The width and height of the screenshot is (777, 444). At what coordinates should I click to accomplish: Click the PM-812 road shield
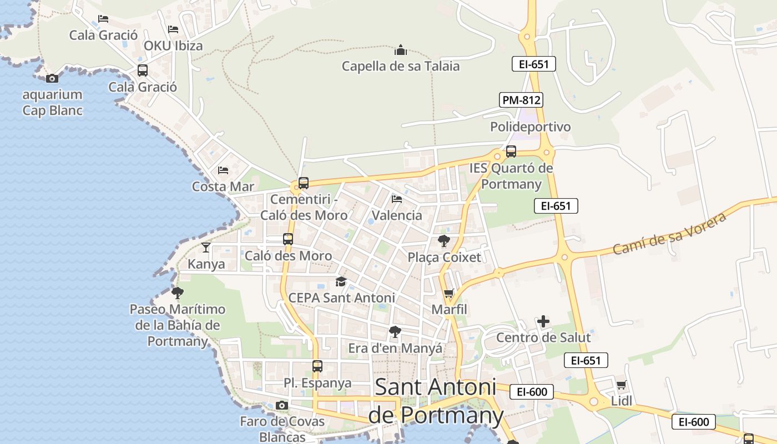(521, 100)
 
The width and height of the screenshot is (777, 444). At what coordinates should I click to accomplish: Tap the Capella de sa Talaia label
(401, 66)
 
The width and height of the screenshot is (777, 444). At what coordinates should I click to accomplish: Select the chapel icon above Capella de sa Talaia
(401, 51)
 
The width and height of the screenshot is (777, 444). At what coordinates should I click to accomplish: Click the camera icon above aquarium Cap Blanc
(52, 78)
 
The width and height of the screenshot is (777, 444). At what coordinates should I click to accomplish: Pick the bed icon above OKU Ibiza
(173, 29)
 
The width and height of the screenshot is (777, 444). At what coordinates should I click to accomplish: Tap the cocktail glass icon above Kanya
(206, 247)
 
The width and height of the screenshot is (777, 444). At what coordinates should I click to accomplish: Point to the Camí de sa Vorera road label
(670, 234)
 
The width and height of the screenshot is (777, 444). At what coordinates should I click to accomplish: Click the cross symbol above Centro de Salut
(543, 321)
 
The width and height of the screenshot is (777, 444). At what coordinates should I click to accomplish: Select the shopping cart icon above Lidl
(622, 385)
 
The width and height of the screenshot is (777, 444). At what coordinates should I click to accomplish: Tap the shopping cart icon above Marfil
(449, 293)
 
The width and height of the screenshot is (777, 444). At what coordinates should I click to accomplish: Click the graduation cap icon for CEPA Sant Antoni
(341, 282)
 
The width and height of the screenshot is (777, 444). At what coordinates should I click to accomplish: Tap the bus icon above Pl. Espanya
(317, 366)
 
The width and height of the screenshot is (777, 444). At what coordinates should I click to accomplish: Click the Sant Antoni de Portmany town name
(436, 401)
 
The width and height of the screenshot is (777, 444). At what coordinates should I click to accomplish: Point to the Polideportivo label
(530, 127)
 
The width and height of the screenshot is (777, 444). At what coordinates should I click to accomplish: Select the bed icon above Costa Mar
(223, 170)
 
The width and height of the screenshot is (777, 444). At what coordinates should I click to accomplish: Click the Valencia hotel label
(397, 215)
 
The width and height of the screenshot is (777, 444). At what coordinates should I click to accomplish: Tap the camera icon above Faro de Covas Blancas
(282, 406)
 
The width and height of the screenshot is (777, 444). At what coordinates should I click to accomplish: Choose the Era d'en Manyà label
(395, 348)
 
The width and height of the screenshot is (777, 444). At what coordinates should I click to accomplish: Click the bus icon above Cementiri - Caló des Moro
(303, 183)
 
